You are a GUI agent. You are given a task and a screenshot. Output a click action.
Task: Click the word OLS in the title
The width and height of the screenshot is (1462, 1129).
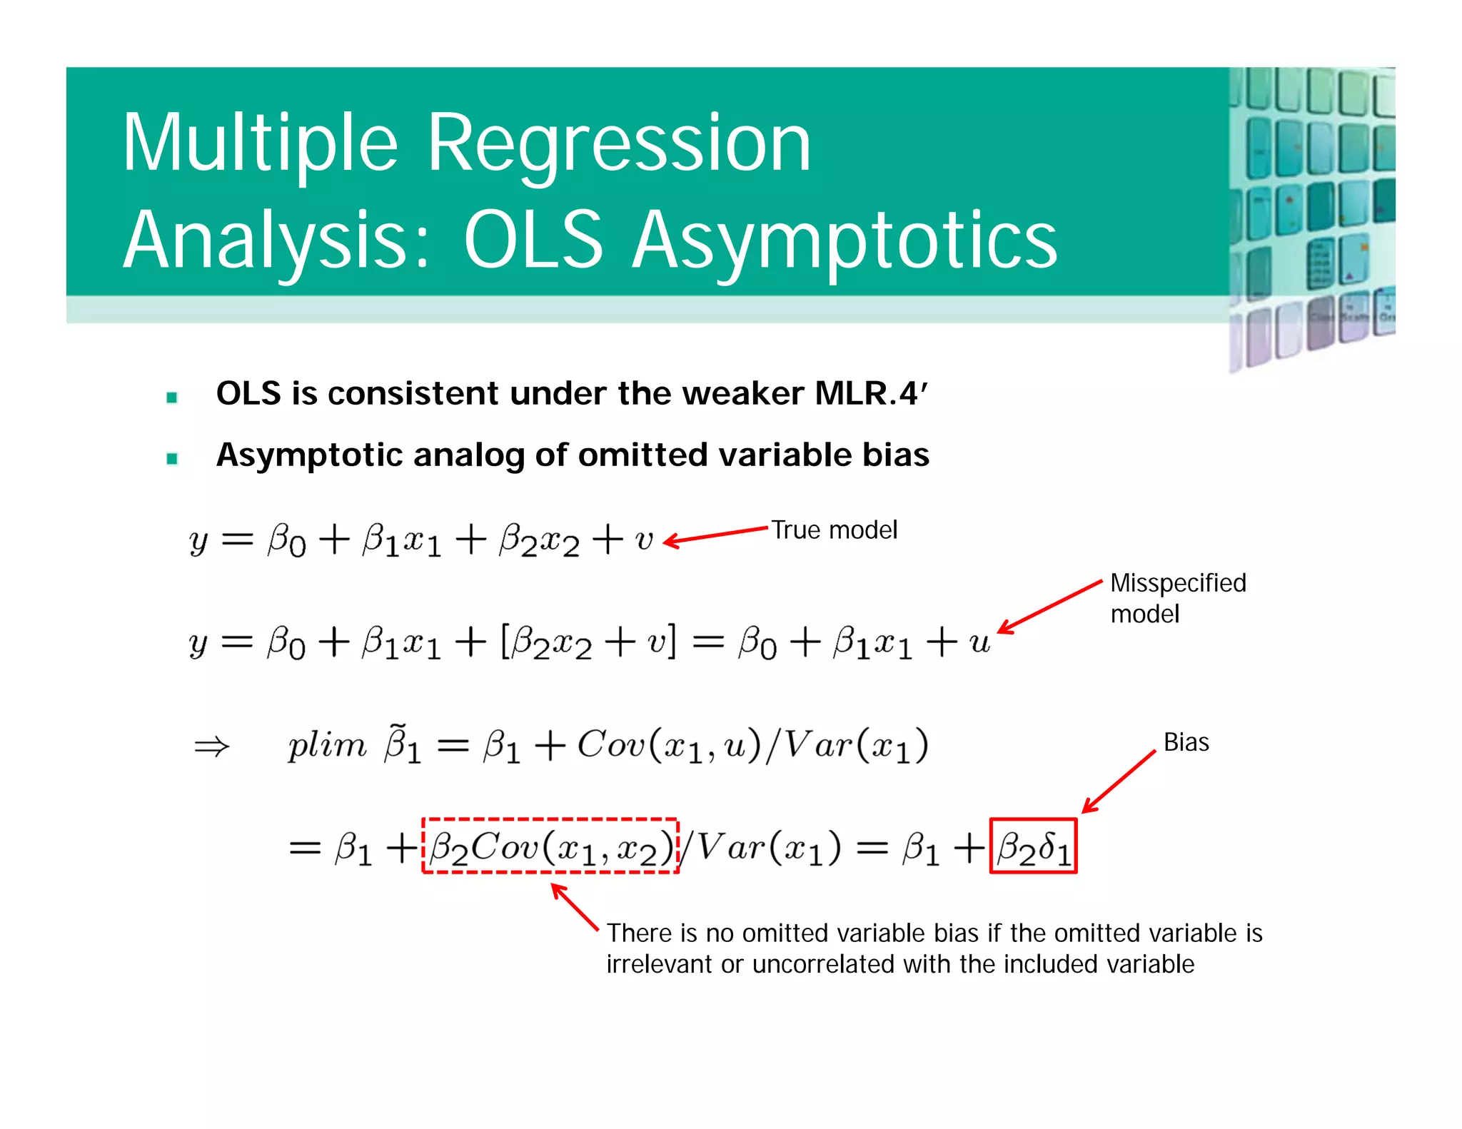[x=533, y=241]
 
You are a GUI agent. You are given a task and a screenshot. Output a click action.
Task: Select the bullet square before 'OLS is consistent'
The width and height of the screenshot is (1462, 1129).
[x=172, y=398]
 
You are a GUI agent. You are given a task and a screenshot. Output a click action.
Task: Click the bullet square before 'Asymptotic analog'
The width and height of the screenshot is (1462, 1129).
[x=172, y=458]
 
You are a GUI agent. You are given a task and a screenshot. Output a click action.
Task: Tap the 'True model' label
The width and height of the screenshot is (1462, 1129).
[x=834, y=530]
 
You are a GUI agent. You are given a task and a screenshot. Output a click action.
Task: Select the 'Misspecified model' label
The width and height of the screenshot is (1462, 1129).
[x=1177, y=598]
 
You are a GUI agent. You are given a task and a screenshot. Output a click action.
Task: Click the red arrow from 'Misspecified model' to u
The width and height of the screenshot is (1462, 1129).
[x=1049, y=607]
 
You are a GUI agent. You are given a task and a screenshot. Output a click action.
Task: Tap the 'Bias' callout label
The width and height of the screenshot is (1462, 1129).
[x=1186, y=742]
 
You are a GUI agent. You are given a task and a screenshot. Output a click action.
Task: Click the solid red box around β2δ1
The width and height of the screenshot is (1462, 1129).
[x=1033, y=846]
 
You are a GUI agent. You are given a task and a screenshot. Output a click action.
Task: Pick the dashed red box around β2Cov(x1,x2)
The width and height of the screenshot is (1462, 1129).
[x=550, y=846]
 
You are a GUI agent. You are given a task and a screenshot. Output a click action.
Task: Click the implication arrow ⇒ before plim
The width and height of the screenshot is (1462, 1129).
[x=211, y=746]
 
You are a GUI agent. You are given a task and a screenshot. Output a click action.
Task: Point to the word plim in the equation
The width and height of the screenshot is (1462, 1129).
[x=326, y=745]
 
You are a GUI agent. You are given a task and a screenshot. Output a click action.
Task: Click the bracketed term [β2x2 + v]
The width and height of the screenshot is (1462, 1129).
[x=588, y=642]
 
